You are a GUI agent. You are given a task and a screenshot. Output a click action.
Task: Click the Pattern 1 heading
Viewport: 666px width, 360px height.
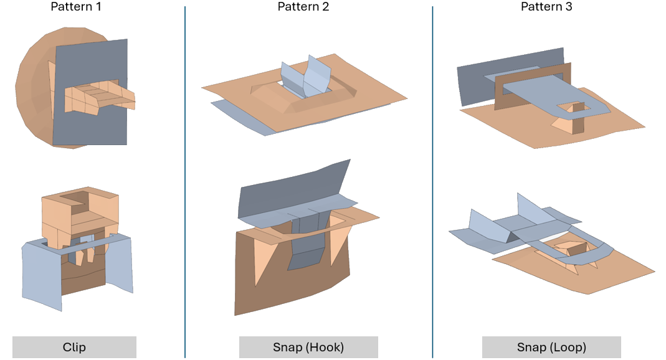pyautogui.click(x=76, y=7)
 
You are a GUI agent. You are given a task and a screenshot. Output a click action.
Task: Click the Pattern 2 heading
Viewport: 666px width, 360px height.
pyautogui.click(x=303, y=7)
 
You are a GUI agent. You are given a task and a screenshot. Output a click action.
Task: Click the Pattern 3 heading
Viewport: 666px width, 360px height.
pyautogui.click(x=546, y=7)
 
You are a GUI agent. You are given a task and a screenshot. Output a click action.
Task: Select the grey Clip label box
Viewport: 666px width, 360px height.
pyautogui.click(x=74, y=347)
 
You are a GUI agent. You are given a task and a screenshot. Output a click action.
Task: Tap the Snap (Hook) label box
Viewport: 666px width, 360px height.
pyautogui.click(x=308, y=347)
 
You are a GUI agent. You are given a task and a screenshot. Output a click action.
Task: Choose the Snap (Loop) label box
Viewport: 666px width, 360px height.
pyautogui.click(x=551, y=347)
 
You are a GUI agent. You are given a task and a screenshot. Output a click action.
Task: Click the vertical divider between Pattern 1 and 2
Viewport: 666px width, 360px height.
pyautogui.click(x=185, y=181)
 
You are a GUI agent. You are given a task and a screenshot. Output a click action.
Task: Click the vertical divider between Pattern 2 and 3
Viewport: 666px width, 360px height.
pyautogui.click(x=432, y=181)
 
